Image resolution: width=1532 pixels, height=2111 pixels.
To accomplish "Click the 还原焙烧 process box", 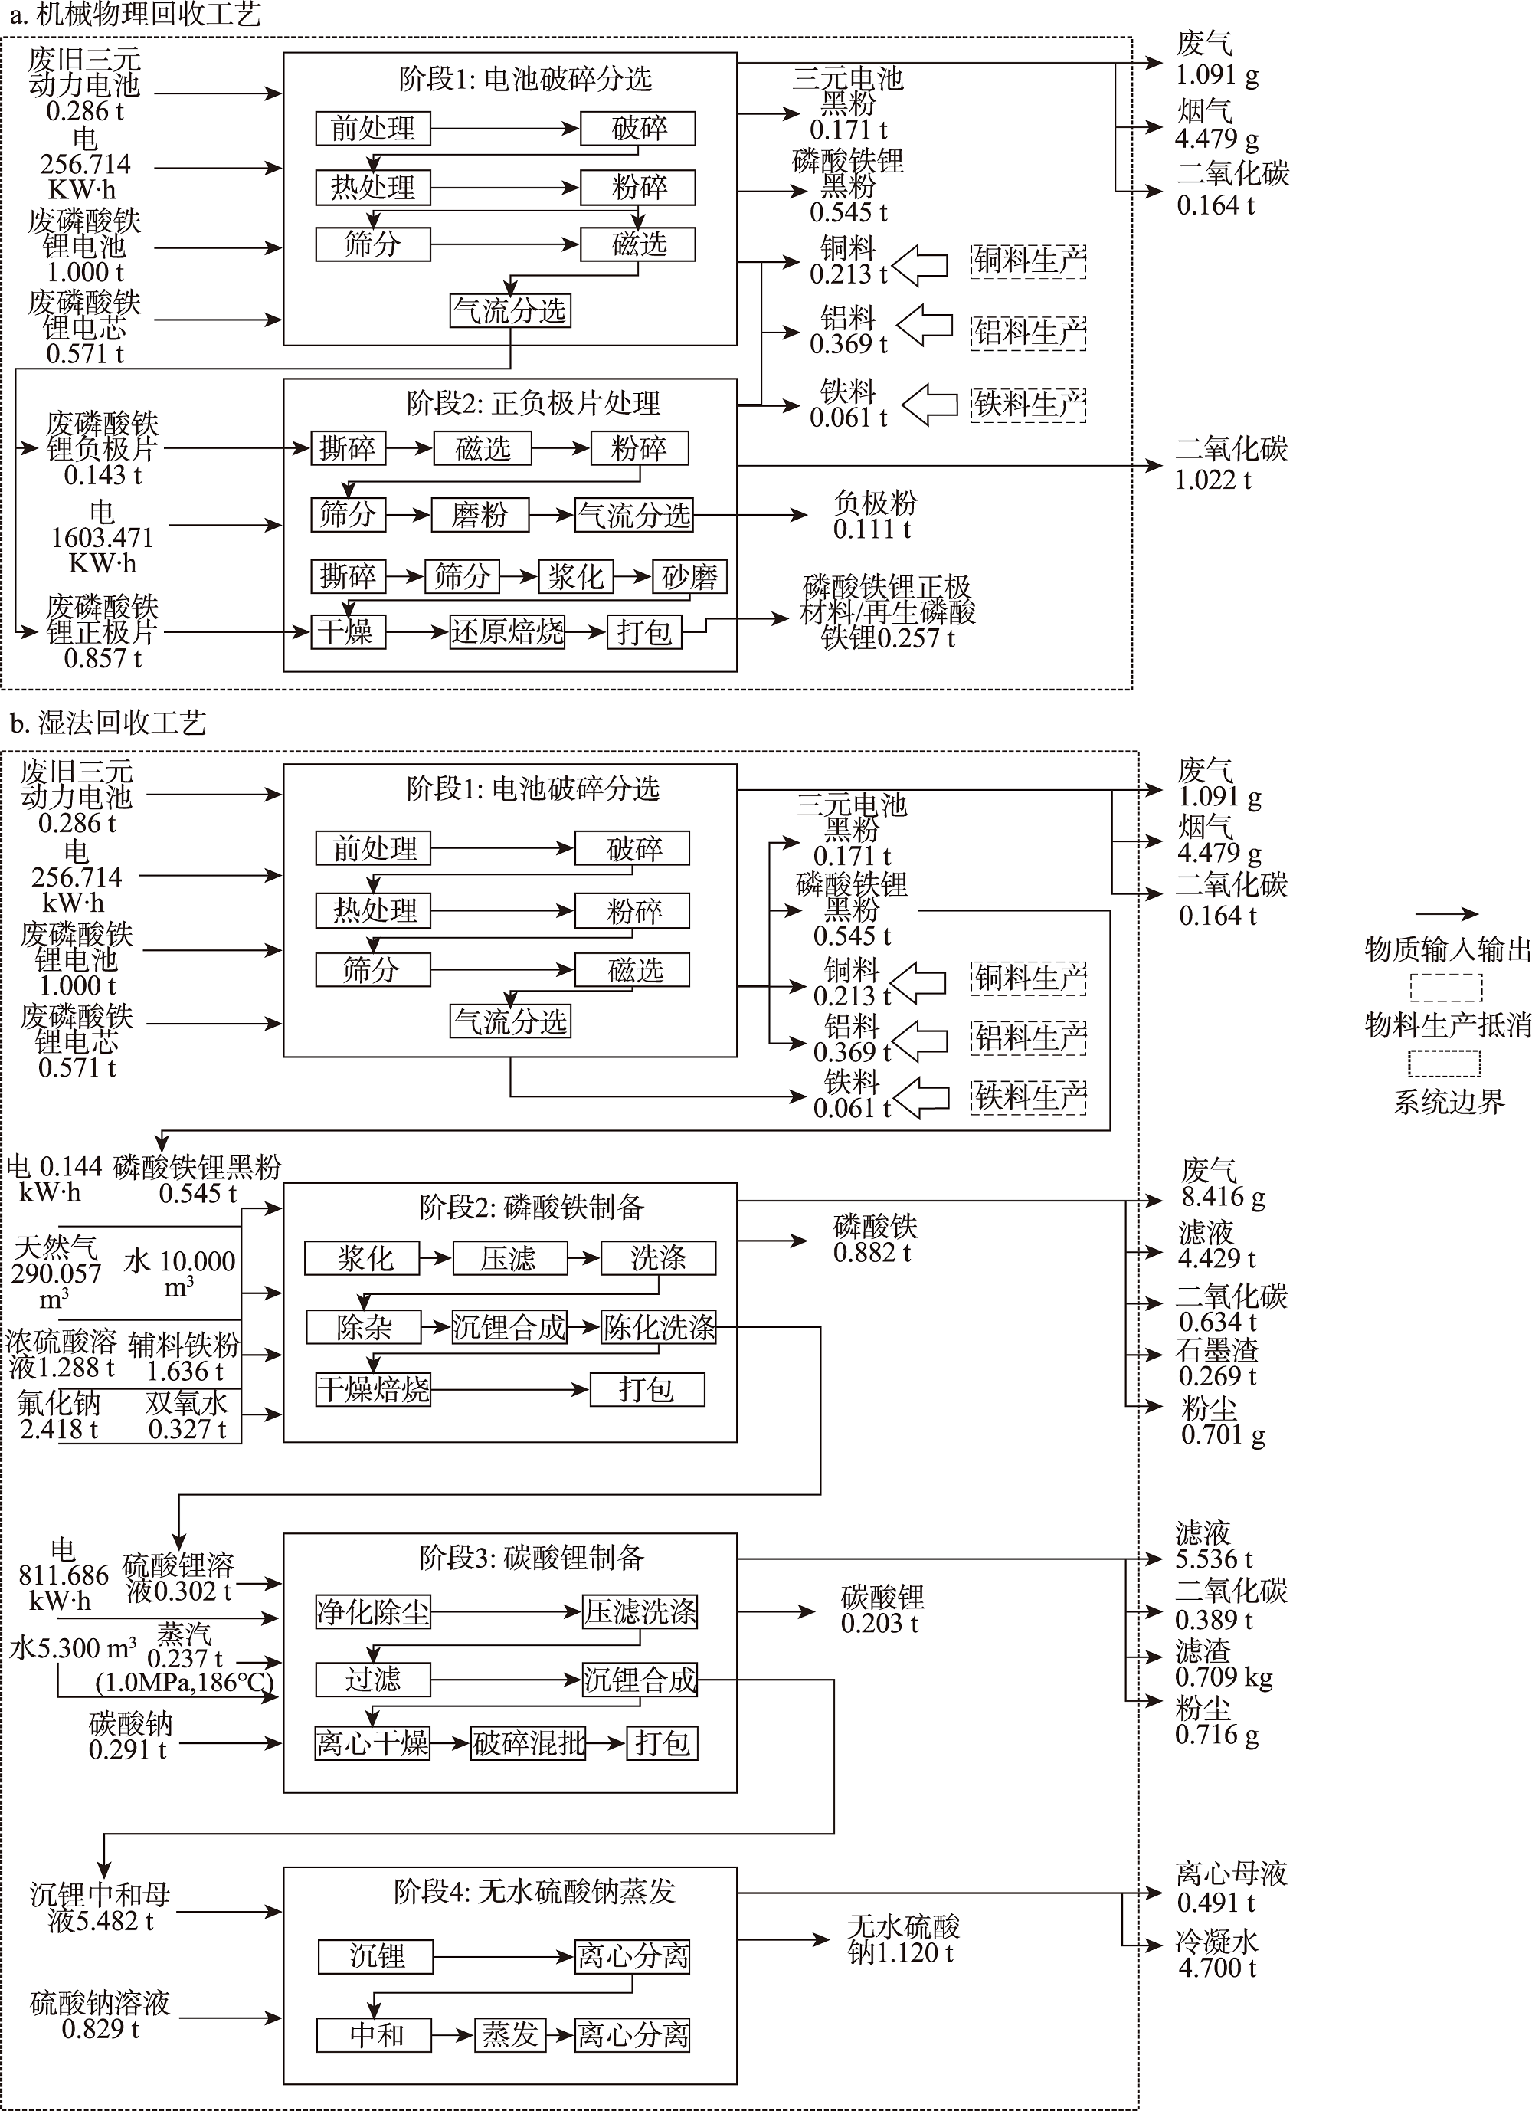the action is pyautogui.click(x=507, y=632).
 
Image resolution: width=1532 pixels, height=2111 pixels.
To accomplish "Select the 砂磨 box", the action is pyautogui.click(x=689, y=576).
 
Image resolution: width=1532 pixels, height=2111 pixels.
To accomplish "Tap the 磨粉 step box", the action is pyautogui.click(x=480, y=515).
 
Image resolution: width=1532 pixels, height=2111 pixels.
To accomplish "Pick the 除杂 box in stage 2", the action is pyautogui.click(x=364, y=1326).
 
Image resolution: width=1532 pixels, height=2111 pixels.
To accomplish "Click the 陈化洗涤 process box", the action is pyautogui.click(x=659, y=1326).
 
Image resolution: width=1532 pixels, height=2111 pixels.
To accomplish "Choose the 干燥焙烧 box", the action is pyautogui.click(x=373, y=1390).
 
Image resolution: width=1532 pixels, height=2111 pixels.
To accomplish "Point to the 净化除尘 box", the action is pyautogui.click(x=373, y=1611).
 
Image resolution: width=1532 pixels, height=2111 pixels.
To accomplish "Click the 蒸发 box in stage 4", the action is pyautogui.click(x=510, y=2034).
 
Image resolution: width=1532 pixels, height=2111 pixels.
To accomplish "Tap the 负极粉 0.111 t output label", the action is pyautogui.click(x=874, y=516).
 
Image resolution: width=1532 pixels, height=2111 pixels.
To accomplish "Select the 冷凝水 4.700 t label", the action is pyautogui.click(x=1216, y=1955).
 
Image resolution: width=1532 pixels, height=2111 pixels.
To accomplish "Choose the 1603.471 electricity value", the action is pyautogui.click(x=103, y=538).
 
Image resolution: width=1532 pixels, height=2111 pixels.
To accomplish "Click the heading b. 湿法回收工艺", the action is pyautogui.click(x=108, y=723).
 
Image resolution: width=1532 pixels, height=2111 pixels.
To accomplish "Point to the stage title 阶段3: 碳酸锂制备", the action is pyautogui.click(x=532, y=1557).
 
